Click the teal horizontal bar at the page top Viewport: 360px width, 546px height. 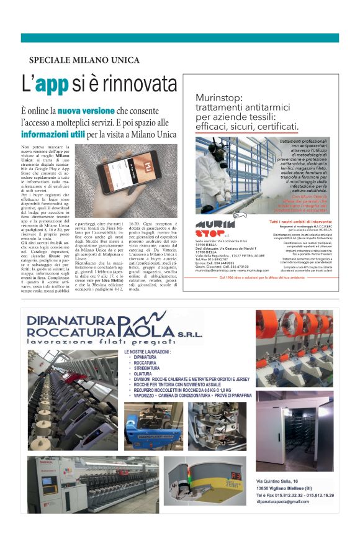179,38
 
